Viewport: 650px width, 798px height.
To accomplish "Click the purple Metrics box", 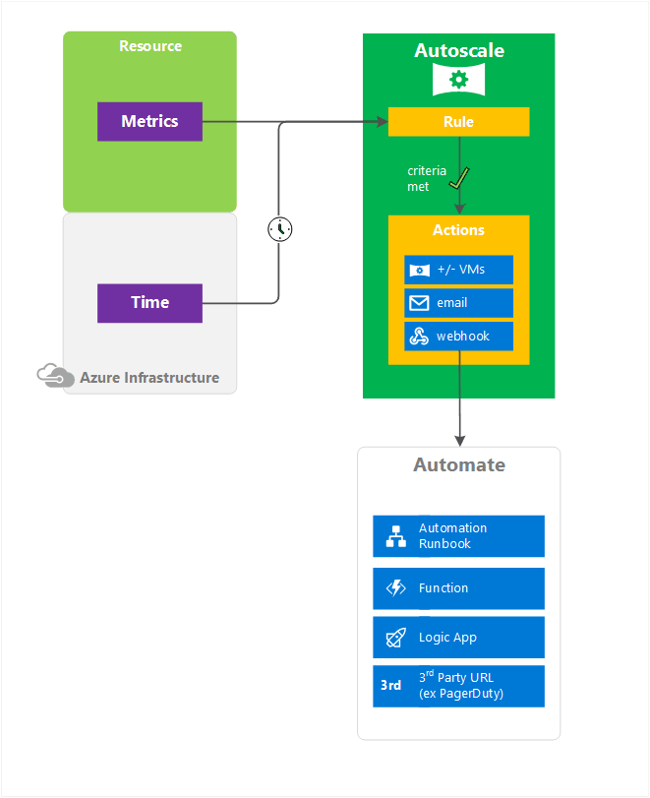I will [149, 121].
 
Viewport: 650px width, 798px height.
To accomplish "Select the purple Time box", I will [149, 303].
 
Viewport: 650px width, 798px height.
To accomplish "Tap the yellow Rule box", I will [458, 122].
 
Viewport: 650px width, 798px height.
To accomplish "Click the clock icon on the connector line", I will [280, 229].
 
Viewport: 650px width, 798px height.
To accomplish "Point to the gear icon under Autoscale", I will [458, 80].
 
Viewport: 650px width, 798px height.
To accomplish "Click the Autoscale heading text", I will [458, 50].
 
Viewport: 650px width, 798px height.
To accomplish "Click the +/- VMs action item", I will [458, 270].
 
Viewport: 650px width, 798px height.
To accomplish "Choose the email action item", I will [458, 303].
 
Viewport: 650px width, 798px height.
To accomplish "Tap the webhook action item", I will [458, 336].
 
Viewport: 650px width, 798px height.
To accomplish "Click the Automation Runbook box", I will [458, 536].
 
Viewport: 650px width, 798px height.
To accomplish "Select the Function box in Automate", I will [458, 588].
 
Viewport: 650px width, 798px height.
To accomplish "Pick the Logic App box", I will [458, 638].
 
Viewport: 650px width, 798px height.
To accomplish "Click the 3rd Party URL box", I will [458, 686].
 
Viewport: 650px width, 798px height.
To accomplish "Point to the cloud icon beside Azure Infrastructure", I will [55, 376].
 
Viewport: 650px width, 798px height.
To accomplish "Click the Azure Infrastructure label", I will [149, 378].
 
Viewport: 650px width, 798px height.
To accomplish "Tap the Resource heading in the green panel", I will [150, 46].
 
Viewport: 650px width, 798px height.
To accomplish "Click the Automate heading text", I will [458, 464].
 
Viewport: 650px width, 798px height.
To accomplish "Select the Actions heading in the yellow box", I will [458, 230].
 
